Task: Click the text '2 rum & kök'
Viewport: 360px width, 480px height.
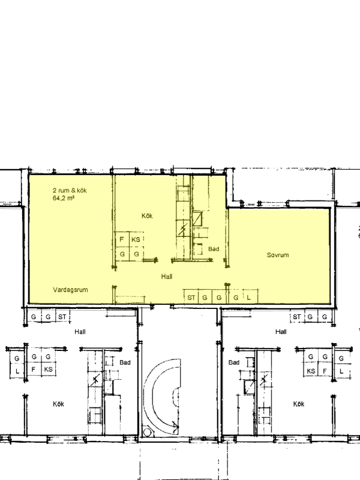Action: click(x=70, y=190)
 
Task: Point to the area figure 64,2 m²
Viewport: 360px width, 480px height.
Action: click(x=64, y=198)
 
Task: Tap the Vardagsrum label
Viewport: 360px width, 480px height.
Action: click(x=70, y=290)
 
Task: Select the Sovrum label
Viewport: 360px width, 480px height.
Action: click(x=278, y=255)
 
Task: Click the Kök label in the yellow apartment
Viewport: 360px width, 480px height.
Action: click(x=147, y=216)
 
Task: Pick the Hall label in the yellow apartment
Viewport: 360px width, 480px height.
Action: click(x=167, y=277)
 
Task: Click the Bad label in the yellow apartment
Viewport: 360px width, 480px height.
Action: click(x=214, y=249)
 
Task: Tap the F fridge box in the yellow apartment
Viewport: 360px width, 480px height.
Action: click(x=122, y=239)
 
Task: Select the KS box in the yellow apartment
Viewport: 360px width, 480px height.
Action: click(x=136, y=239)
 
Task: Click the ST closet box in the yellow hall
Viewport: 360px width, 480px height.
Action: click(x=191, y=297)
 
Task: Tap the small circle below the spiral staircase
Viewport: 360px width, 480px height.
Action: click(x=147, y=433)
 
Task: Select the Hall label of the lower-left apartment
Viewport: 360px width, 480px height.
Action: click(x=80, y=332)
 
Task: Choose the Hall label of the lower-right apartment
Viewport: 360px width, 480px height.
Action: click(x=281, y=332)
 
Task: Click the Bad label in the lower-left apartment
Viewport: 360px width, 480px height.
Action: click(x=125, y=362)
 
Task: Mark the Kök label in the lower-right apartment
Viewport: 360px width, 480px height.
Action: click(x=299, y=404)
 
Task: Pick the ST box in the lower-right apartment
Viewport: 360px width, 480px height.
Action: click(x=297, y=317)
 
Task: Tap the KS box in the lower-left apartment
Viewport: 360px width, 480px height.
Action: click(x=48, y=370)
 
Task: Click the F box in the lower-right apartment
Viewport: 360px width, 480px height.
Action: click(x=325, y=371)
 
